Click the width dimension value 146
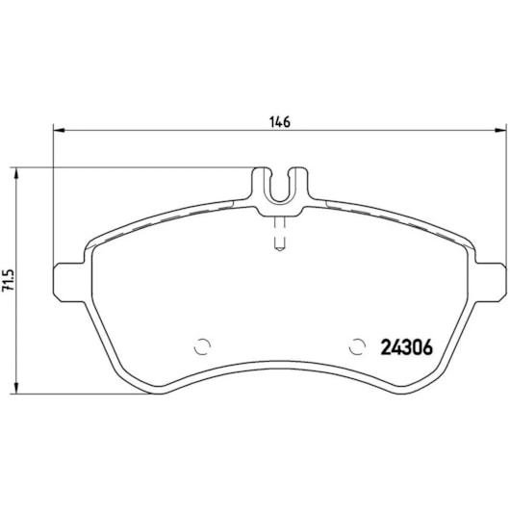[279, 122]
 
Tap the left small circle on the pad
[202, 346]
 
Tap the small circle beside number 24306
[359, 346]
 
